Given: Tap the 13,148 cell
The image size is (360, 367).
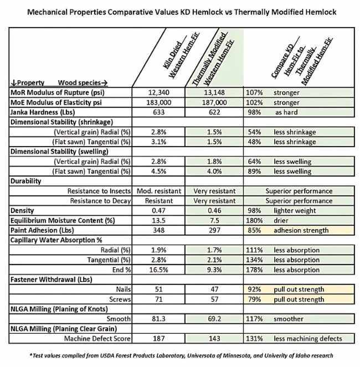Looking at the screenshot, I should click(213, 92).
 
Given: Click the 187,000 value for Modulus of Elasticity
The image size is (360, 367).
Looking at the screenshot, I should click(213, 102).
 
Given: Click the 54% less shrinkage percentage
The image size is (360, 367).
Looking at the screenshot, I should click(254, 133).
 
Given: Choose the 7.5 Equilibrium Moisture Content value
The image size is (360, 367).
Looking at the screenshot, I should click(213, 220).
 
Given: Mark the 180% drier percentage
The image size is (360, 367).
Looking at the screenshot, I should click(254, 220).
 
